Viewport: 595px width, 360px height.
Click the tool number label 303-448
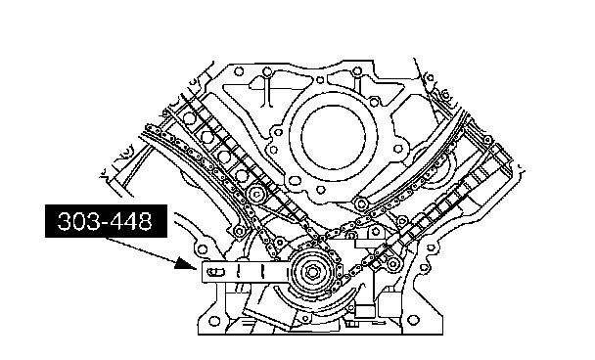(105, 221)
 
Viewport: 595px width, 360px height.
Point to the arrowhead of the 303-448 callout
(186, 263)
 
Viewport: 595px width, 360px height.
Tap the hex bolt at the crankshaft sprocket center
(312, 272)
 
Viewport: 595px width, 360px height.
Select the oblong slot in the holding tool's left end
(215, 272)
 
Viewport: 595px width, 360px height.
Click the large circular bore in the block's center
(333, 137)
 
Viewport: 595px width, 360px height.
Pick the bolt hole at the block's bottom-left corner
(214, 321)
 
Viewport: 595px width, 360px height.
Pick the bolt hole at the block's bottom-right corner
(414, 321)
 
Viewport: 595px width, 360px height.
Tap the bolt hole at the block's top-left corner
(239, 71)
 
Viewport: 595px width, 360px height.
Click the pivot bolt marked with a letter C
(256, 195)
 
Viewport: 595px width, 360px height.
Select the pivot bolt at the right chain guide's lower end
(360, 204)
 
